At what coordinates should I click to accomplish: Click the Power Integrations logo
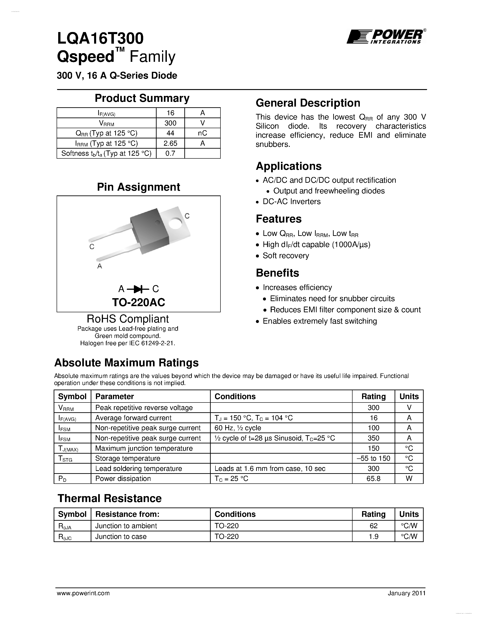tap(386, 37)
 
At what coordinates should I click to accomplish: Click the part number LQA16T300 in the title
tap(100, 38)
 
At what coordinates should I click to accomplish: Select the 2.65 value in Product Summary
tap(170, 143)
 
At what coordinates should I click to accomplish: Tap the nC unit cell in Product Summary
tap(202, 133)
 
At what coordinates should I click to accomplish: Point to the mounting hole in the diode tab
tap(175, 223)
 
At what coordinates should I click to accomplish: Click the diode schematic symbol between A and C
tap(138, 289)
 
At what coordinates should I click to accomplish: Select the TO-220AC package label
tap(138, 302)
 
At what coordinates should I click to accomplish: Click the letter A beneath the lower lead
tap(100, 266)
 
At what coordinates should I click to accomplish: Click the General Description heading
tap(308, 103)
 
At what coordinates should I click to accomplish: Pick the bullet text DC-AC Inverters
tap(291, 201)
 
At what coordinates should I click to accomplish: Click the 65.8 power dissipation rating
tap(373, 478)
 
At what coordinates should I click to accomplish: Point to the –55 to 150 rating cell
tap(373, 458)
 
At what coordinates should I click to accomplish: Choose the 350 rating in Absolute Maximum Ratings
tap(373, 438)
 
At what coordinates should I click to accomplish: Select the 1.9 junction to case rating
tap(373, 536)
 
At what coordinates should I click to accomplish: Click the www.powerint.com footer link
tap(83, 593)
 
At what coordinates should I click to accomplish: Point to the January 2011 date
tap(407, 593)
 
